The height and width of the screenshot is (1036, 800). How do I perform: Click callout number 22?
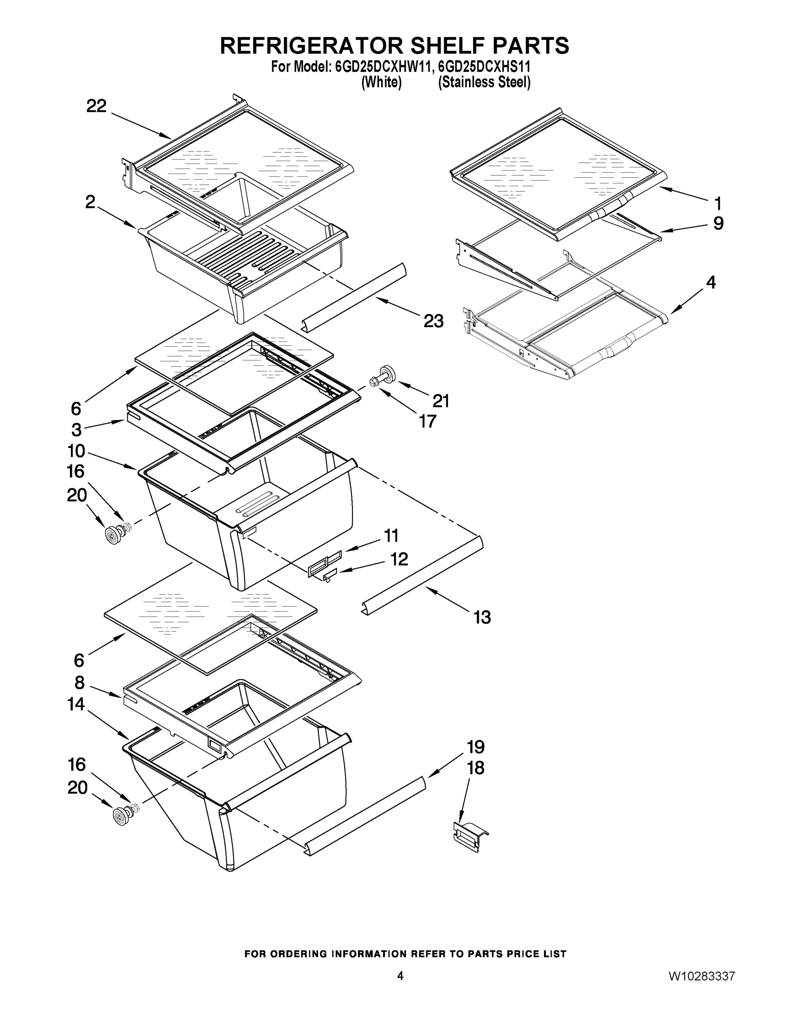(96, 106)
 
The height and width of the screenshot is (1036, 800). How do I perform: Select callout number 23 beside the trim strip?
(433, 321)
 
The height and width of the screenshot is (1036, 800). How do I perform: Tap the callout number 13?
(482, 618)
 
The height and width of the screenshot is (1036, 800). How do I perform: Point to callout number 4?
(710, 283)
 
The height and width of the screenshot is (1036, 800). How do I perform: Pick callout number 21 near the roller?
(441, 401)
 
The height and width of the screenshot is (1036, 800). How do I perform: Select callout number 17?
(427, 421)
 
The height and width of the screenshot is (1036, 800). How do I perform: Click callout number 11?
(391, 536)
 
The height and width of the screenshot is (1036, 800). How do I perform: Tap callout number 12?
(399, 559)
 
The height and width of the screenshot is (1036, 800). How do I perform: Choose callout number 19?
(475, 747)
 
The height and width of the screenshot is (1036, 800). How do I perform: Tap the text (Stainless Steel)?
(484, 82)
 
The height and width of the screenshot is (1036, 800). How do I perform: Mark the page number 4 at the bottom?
(400, 976)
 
